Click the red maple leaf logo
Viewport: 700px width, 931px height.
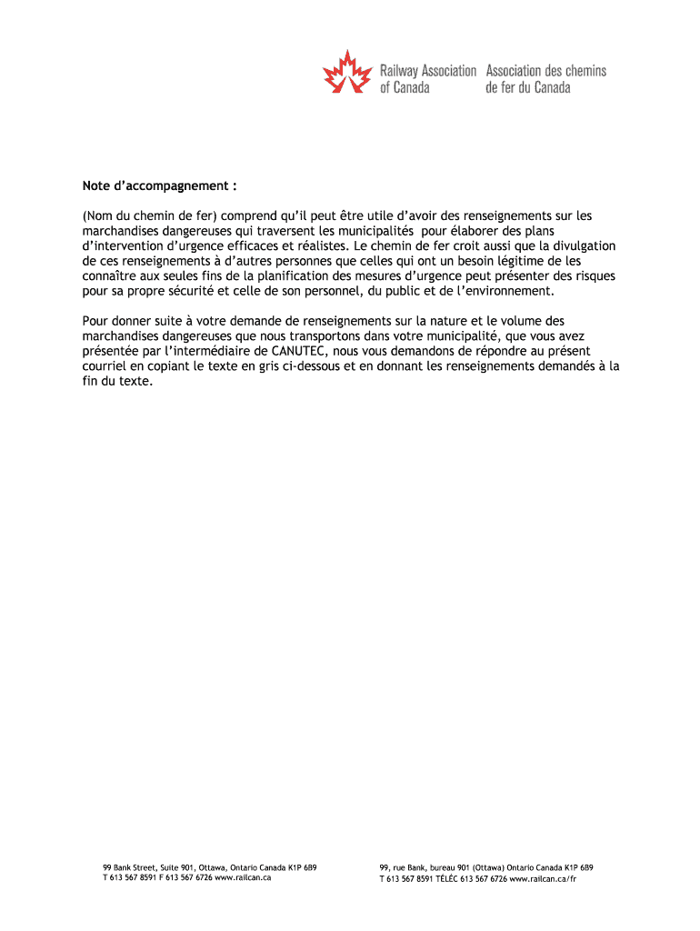point(348,72)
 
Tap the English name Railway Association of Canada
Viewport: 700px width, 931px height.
point(427,79)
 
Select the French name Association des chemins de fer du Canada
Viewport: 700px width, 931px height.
point(545,79)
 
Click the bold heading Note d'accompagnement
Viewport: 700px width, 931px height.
point(159,186)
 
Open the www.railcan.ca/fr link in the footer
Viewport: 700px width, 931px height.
point(543,878)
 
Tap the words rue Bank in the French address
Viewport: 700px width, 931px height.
point(409,867)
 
